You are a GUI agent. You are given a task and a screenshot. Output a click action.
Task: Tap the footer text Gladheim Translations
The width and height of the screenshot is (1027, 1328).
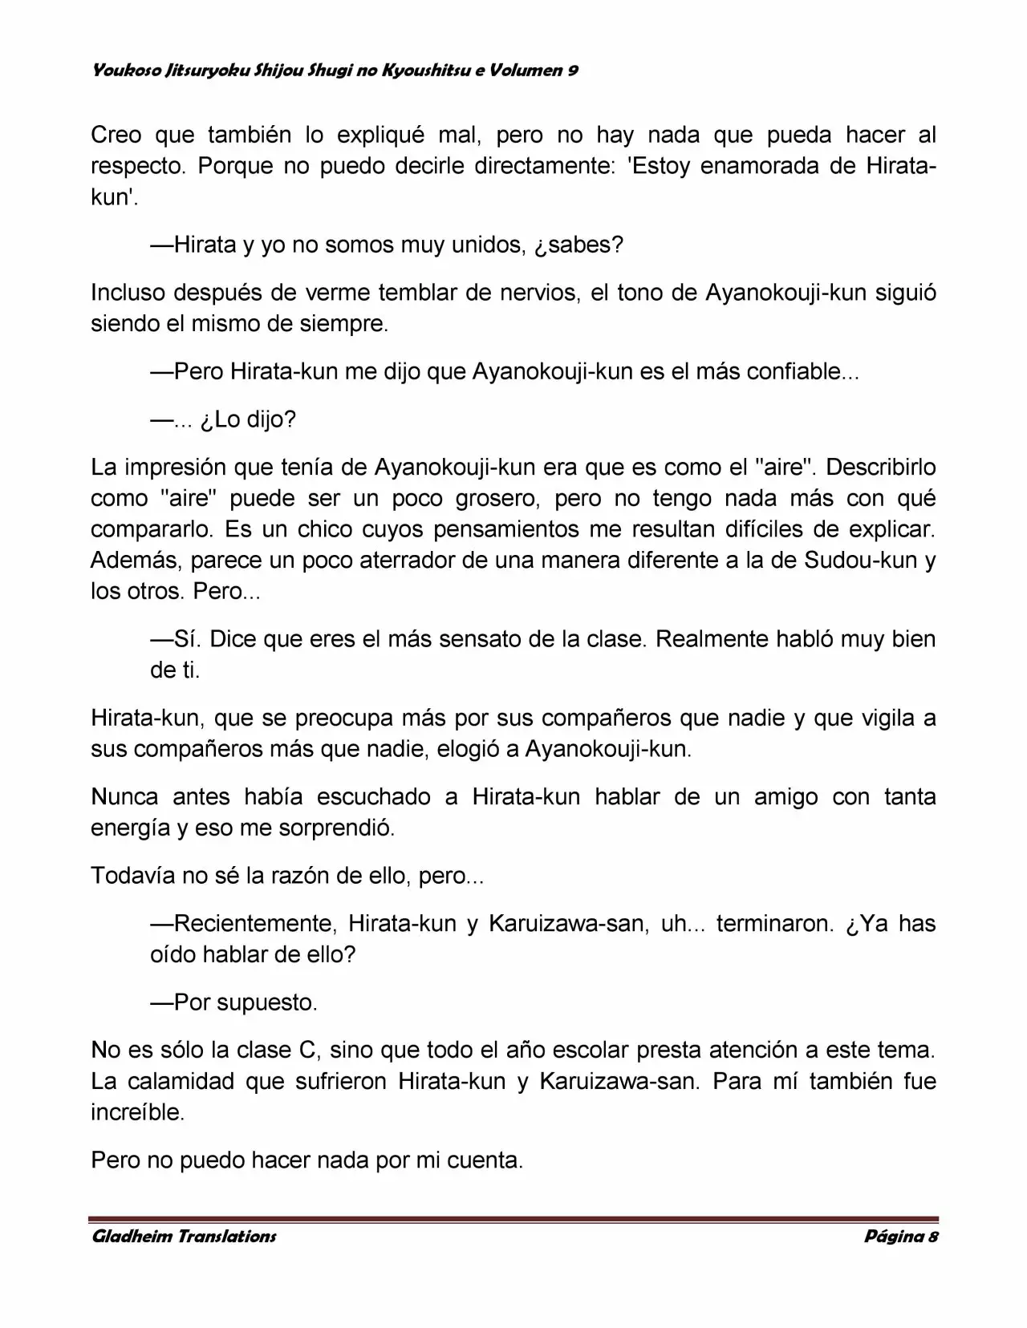184,1236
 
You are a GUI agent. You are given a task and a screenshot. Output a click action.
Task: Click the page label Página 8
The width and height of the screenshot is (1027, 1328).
901,1236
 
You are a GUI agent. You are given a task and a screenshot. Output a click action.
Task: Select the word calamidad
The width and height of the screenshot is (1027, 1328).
182,1081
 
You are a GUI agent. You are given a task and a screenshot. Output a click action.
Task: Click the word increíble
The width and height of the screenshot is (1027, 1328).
137,1112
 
